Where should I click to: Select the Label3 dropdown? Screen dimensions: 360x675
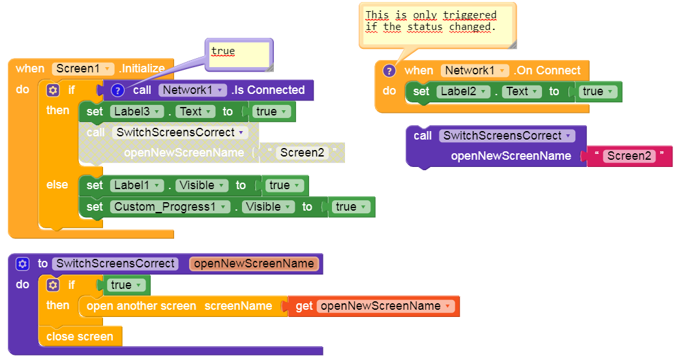point(135,112)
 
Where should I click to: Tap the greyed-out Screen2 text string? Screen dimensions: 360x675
point(303,153)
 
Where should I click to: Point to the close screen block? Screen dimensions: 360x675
point(80,337)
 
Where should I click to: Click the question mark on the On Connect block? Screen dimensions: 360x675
point(389,70)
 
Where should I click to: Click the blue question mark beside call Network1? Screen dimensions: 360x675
point(117,90)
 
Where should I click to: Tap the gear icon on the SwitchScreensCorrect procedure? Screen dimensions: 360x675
point(23,263)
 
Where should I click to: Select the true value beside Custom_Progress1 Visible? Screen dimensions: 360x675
point(349,207)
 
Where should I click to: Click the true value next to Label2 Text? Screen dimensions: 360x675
point(597,91)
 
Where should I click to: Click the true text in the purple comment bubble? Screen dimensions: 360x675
point(223,52)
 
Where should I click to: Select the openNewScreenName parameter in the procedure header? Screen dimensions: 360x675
point(254,263)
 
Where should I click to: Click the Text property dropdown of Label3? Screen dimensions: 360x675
point(194,112)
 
